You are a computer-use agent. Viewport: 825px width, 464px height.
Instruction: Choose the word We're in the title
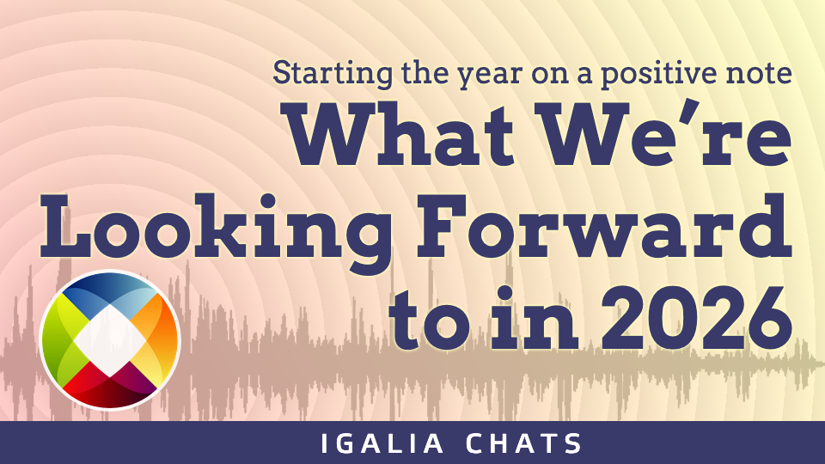click(667, 134)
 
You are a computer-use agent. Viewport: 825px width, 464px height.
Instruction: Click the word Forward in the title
click(604, 226)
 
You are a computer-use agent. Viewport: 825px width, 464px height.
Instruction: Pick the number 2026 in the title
click(697, 319)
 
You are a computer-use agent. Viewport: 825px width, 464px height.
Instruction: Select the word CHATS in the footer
click(524, 443)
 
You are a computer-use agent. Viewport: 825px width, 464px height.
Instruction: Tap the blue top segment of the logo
click(109, 292)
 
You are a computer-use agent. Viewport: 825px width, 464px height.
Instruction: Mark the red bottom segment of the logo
click(109, 389)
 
